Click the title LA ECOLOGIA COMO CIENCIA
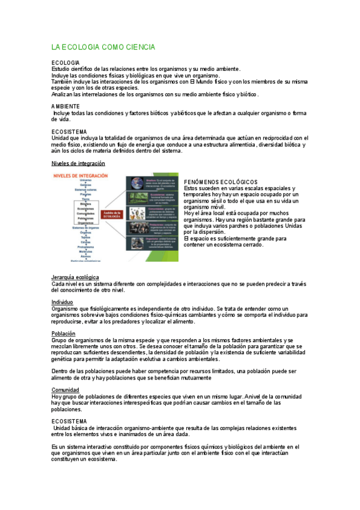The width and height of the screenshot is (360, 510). [103, 47]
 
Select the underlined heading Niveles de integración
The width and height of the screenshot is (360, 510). [78, 163]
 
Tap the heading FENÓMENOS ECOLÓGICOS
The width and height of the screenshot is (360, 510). [221, 182]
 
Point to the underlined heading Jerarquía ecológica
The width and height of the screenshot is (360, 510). [75, 277]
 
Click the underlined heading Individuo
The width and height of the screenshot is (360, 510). [62, 302]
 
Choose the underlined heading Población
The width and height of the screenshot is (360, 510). [63, 333]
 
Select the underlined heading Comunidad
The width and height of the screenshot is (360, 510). [65, 390]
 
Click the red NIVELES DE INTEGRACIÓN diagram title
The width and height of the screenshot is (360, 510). [81, 175]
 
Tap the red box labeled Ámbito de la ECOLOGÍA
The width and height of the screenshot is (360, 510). [112, 214]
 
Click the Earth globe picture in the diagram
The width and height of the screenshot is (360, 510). [136, 182]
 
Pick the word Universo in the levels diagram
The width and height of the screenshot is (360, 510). [86, 180]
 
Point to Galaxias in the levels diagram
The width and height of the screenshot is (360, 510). [86, 185]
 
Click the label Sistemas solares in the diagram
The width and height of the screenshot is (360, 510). [86, 189]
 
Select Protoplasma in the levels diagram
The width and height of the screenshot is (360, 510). [86, 247]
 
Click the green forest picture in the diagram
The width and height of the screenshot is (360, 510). [136, 198]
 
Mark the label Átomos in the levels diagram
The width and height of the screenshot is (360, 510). [86, 256]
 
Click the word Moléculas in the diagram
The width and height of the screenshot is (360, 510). [86, 251]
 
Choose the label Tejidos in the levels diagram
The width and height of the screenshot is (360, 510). [86, 237]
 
